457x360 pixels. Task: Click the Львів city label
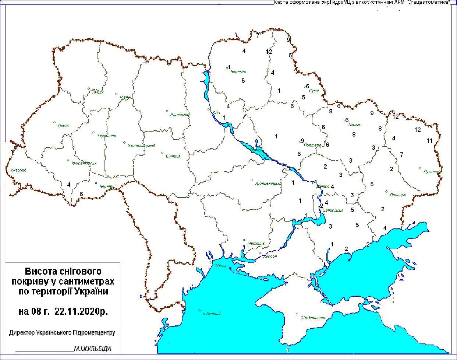click(63, 126)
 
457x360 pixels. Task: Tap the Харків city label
click(354, 124)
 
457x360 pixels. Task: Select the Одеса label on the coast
click(220, 266)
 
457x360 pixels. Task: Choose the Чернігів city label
click(238, 71)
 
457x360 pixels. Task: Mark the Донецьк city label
click(398, 195)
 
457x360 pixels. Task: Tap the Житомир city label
click(180, 114)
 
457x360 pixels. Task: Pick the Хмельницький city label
click(142, 146)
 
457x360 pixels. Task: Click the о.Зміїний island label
click(212, 314)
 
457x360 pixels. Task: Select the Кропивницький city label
click(268, 183)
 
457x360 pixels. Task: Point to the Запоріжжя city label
click(333, 210)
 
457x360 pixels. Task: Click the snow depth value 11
click(430, 141)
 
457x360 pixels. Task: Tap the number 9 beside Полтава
click(302, 141)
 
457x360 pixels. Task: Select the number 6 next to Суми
click(308, 87)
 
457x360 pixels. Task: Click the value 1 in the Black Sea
click(288, 350)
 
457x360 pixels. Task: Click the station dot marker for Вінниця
click(162, 152)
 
